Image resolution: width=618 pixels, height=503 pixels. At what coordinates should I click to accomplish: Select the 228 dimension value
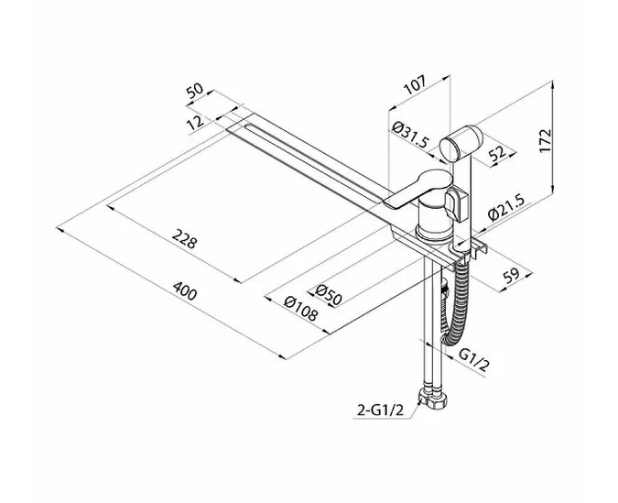tap(186, 242)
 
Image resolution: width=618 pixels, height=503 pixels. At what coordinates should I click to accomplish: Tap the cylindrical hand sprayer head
tap(455, 145)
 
